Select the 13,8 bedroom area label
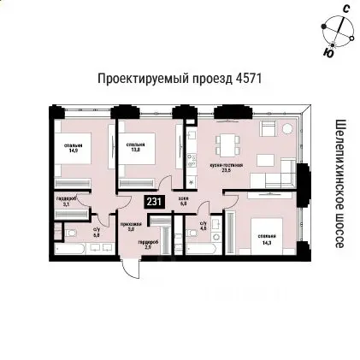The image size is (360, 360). point(133,147)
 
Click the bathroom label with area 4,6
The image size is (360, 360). point(203,227)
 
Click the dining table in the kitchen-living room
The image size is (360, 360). point(225,142)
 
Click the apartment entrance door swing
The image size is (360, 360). point(130,269)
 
